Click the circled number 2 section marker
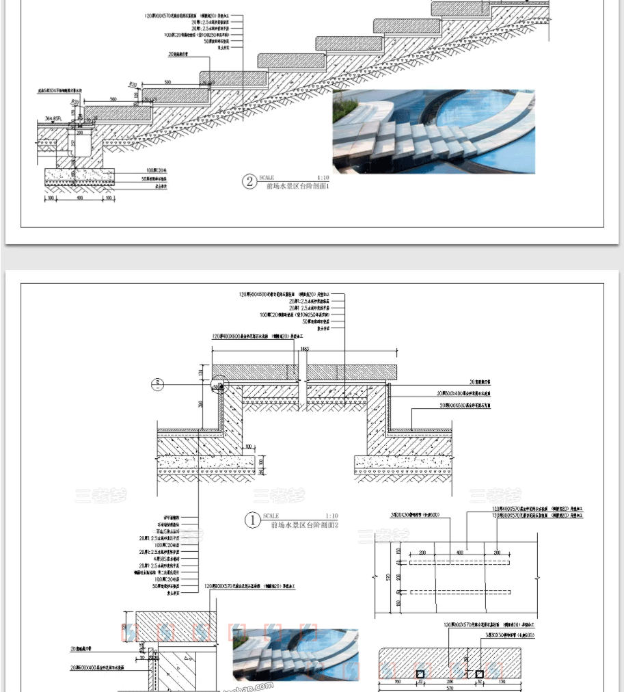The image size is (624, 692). pyautogui.click(x=250, y=182)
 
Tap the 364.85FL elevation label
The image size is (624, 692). pyautogui.click(x=55, y=118)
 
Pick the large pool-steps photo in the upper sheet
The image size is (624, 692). pyautogui.click(x=433, y=131)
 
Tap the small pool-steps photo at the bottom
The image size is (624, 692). pyautogui.click(x=296, y=654)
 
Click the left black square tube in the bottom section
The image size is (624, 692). pyautogui.click(x=420, y=674)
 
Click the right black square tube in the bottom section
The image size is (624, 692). pyautogui.click(x=479, y=674)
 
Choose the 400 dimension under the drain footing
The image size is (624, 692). pyautogui.click(x=80, y=198)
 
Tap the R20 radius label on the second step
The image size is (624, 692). pyautogui.click(x=133, y=84)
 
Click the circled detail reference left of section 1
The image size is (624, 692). pyautogui.click(x=157, y=383)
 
